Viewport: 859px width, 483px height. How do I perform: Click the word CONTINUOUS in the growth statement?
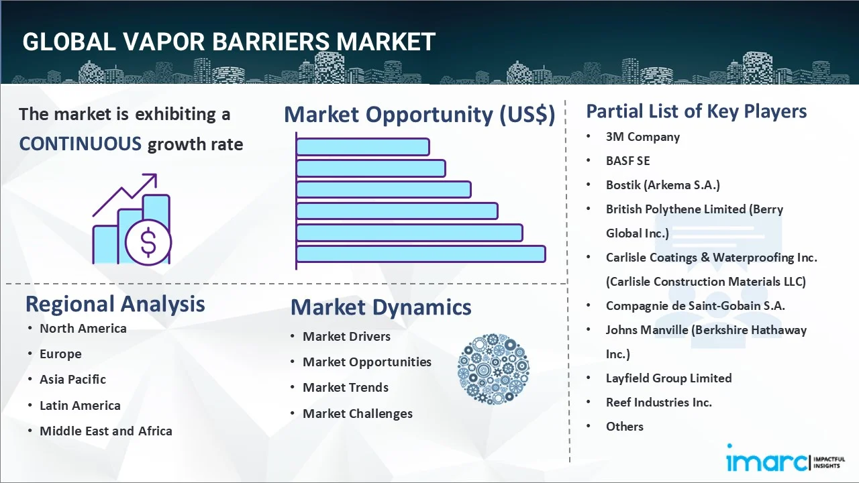(81, 144)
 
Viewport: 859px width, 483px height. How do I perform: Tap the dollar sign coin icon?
(148, 243)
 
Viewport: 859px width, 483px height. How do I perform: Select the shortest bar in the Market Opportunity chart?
(363, 147)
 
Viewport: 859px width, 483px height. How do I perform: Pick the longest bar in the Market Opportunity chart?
(421, 254)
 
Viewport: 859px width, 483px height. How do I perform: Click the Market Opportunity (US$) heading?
(419, 114)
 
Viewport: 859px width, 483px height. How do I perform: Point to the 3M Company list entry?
(643, 137)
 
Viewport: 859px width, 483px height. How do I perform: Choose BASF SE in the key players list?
(627, 160)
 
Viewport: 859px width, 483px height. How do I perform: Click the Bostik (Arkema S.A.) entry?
(662, 185)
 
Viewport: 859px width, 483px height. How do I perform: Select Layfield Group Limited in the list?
(669, 378)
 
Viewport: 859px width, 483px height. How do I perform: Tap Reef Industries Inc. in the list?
(659, 402)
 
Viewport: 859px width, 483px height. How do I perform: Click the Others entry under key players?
(625, 427)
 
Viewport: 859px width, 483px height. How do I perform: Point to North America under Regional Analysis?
(83, 329)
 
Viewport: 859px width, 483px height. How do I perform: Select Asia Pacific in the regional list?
(73, 380)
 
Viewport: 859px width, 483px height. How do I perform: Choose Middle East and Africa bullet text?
(106, 431)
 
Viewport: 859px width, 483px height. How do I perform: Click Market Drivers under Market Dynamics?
(347, 337)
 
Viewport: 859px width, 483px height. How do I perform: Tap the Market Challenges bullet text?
(358, 414)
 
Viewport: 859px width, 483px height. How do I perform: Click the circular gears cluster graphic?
(493, 369)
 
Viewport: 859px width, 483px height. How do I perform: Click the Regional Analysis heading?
(115, 304)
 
